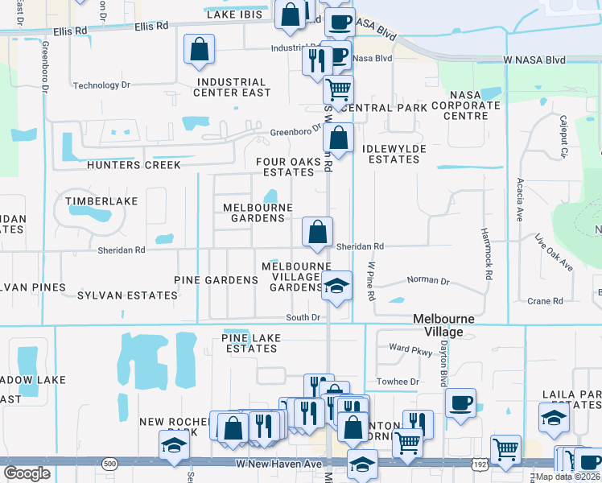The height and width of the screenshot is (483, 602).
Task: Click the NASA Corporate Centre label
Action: click(465, 110)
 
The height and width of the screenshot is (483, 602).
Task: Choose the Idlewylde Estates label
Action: click(391, 154)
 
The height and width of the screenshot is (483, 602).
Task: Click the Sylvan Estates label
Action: click(127, 295)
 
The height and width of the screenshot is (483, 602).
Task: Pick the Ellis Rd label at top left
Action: click(71, 31)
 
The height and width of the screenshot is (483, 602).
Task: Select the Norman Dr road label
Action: click(428, 280)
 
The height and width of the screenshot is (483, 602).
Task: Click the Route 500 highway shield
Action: click(110, 464)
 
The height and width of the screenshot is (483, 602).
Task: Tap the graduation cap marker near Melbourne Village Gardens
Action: click(336, 285)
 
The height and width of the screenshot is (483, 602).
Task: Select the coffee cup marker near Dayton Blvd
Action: click(460, 402)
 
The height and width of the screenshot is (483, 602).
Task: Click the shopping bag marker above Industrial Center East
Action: click(199, 49)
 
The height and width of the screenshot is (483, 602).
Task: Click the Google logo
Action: click(27, 473)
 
